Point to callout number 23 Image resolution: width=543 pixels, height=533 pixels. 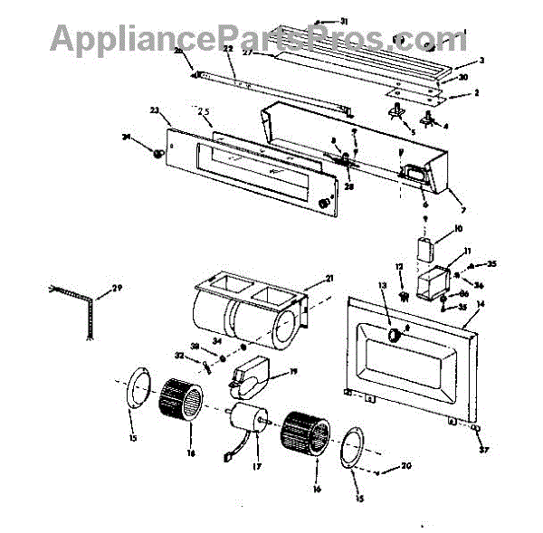click(x=154, y=110)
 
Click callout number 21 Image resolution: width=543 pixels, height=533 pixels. click(x=329, y=277)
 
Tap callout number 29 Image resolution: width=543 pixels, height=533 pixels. click(x=116, y=290)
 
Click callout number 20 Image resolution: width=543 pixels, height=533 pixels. click(x=406, y=467)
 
